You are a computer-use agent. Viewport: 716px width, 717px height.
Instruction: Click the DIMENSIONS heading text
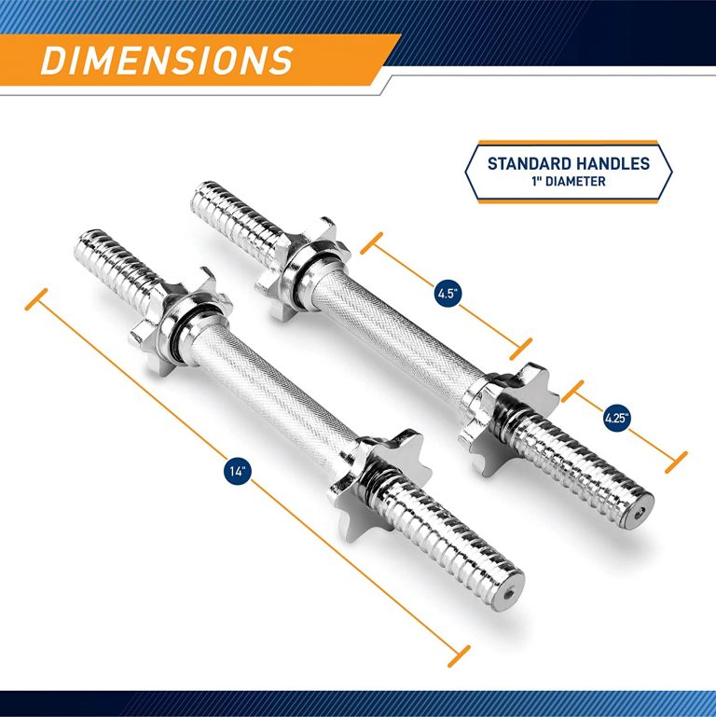click(x=167, y=60)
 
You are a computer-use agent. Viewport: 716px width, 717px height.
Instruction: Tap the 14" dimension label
click(x=238, y=472)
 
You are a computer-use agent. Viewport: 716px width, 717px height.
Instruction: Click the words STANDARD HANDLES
click(x=569, y=163)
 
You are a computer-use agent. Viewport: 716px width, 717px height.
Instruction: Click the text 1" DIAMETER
click(x=569, y=181)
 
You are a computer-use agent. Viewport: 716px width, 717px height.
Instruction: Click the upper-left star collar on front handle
click(x=172, y=308)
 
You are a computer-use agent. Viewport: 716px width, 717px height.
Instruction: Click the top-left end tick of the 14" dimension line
click(x=36, y=300)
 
